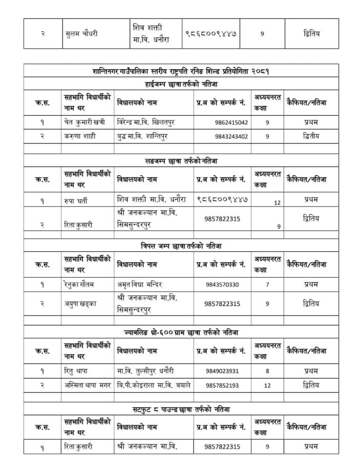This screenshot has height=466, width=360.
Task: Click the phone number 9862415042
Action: pyautogui.click(x=231, y=123)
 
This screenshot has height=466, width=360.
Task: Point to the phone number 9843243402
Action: pyautogui.click(x=231, y=136)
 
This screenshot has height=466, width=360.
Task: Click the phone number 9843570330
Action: pyautogui.click(x=222, y=284)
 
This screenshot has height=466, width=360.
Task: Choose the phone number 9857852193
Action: pyautogui.click(x=222, y=385)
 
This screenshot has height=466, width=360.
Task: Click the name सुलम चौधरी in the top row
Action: pyautogui.click(x=81, y=34)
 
